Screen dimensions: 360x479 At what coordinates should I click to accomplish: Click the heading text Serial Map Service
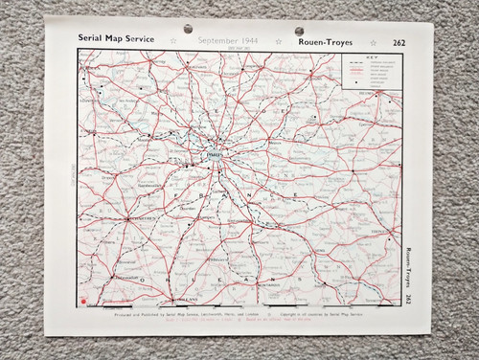click(x=118, y=40)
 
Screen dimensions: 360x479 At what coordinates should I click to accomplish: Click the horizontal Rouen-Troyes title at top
click(x=327, y=41)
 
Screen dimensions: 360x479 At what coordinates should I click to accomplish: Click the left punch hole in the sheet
click(x=187, y=29)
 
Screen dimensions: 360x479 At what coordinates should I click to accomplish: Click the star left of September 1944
click(x=172, y=41)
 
